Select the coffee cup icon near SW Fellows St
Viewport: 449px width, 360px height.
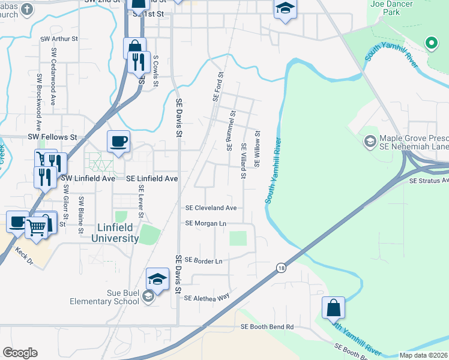pos(118,142)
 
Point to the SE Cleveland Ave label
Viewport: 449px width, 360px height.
pos(211,208)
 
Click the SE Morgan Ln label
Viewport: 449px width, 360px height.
pos(206,223)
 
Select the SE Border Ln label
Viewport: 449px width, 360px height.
pos(203,260)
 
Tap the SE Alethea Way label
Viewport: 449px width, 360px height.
pos(207,298)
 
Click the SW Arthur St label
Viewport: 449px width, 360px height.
pos(59,38)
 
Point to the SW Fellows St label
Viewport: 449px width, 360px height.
pos(52,137)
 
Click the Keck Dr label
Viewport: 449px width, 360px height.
pos(27,251)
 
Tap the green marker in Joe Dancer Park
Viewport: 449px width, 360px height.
pos(430,43)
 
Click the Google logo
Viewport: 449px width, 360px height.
pos(20,353)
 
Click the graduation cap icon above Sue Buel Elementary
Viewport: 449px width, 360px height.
pos(157,279)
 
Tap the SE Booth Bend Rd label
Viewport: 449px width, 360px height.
pos(267,327)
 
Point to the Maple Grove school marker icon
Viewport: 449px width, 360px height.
pos(370,141)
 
